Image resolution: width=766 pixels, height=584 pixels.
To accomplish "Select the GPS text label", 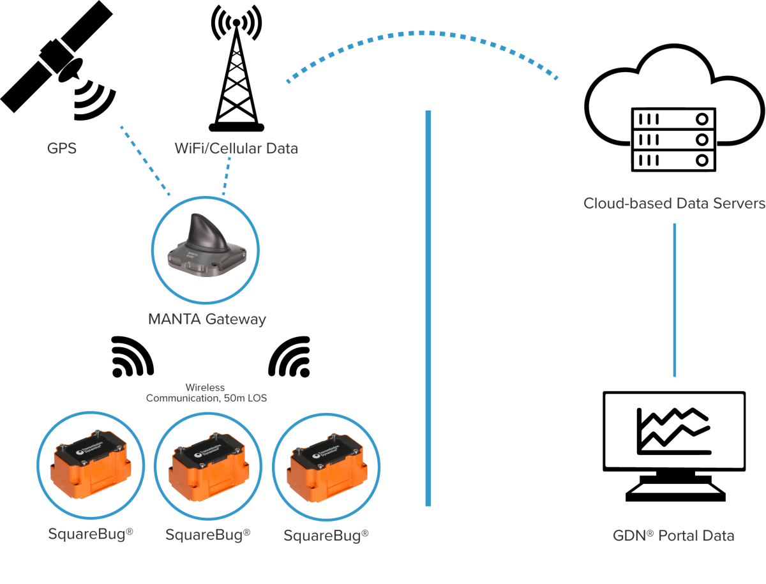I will (x=61, y=149).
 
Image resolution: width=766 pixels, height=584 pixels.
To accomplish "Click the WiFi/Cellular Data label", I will (x=236, y=149).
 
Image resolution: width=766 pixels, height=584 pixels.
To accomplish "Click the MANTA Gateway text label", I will (x=207, y=319).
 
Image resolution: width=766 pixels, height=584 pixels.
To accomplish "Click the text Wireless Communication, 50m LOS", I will (x=206, y=393).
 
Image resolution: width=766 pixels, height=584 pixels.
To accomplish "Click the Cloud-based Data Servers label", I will (x=674, y=204).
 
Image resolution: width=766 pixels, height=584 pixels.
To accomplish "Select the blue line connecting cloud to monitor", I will (x=674, y=300).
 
